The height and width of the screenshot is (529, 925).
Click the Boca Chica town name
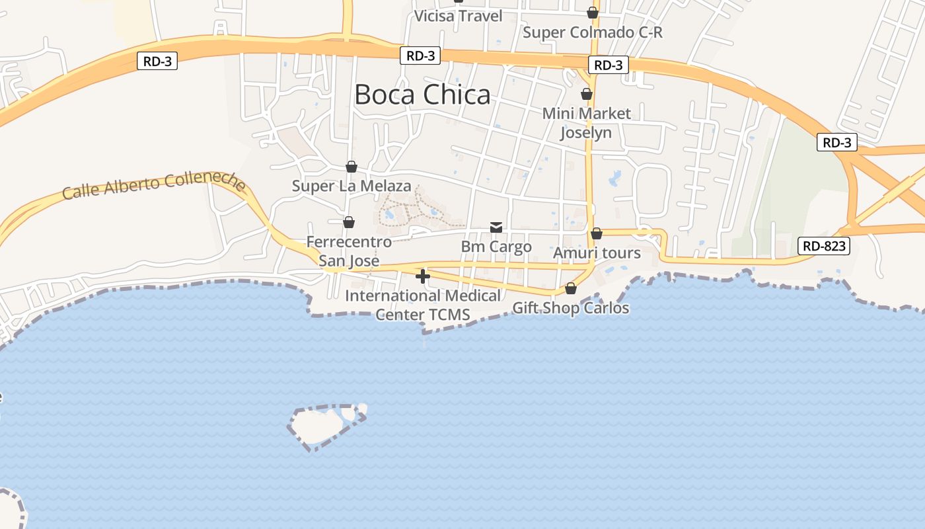pyautogui.click(x=422, y=95)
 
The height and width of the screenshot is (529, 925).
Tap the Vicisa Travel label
pyautogui.click(x=458, y=16)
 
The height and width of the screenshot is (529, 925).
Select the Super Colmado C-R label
pyautogui.click(x=593, y=32)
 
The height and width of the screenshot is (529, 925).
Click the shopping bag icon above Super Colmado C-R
pyautogui.click(x=593, y=13)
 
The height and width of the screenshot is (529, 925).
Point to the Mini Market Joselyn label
pyautogui.click(x=586, y=123)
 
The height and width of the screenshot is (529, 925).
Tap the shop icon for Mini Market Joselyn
pyautogui.click(x=586, y=94)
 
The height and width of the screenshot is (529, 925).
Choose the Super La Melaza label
pyautogui.click(x=351, y=186)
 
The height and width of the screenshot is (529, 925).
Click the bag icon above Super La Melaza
pyautogui.click(x=351, y=167)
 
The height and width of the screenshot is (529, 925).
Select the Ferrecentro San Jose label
pyautogui.click(x=349, y=251)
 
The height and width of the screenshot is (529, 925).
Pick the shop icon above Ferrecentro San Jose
pyautogui.click(x=349, y=222)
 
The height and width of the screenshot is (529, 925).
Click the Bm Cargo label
pyautogui.click(x=496, y=247)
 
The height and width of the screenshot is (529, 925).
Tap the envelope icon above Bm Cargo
pyautogui.click(x=496, y=227)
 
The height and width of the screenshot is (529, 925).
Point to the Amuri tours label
pyautogui.click(x=597, y=253)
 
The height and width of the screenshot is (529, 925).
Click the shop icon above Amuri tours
pyautogui.click(x=597, y=233)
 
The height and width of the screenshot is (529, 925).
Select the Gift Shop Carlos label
pyautogui.click(x=571, y=308)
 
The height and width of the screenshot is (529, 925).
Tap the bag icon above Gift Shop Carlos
pyautogui.click(x=571, y=289)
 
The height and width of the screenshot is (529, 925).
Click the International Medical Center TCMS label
pyautogui.click(x=423, y=305)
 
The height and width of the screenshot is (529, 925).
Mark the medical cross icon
pyautogui.click(x=423, y=276)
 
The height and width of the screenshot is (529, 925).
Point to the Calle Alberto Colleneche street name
pyautogui.click(x=154, y=185)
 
